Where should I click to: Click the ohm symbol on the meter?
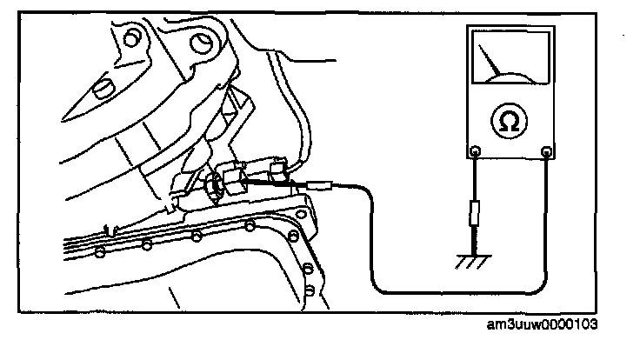point(510,122)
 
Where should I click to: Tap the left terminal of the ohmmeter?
point(475,154)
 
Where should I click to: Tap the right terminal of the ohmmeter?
point(548,154)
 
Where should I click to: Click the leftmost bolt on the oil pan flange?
point(101,253)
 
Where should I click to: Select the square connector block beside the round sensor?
point(235,179)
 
